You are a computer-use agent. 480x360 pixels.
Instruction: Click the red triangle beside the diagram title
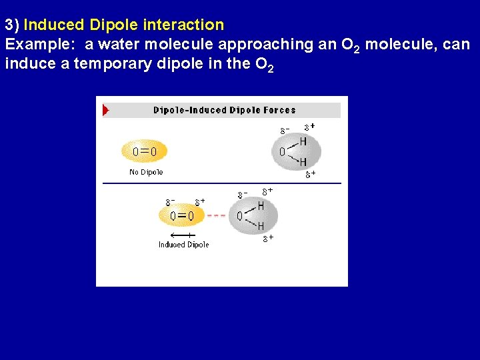click(x=105, y=110)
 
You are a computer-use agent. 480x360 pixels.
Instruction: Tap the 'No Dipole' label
click(x=146, y=172)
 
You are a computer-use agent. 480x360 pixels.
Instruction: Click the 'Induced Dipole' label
click(x=183, y=245)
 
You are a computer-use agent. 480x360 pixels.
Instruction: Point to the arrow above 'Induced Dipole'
click(x=181, y=235)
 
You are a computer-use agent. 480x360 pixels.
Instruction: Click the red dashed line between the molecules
click(x=217, y=215)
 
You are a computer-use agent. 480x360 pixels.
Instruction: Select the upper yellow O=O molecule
click(x=145, y=151)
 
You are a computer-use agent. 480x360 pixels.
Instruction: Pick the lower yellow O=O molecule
click(x=182, y=215)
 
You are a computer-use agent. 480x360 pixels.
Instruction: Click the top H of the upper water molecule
click(x=303, y=141)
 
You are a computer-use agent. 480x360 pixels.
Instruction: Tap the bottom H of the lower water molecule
click(x=261, y=227)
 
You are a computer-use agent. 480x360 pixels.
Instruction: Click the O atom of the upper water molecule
click(x=282, y=152)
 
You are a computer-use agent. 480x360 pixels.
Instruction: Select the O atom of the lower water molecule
click(x=240, y=216)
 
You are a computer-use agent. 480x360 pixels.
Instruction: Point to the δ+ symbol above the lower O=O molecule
click(x=199, y=201)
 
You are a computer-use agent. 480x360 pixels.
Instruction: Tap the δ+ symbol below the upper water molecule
click(x=310, y=175)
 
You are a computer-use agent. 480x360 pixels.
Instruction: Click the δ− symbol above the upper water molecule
click(x=284, y=129)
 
